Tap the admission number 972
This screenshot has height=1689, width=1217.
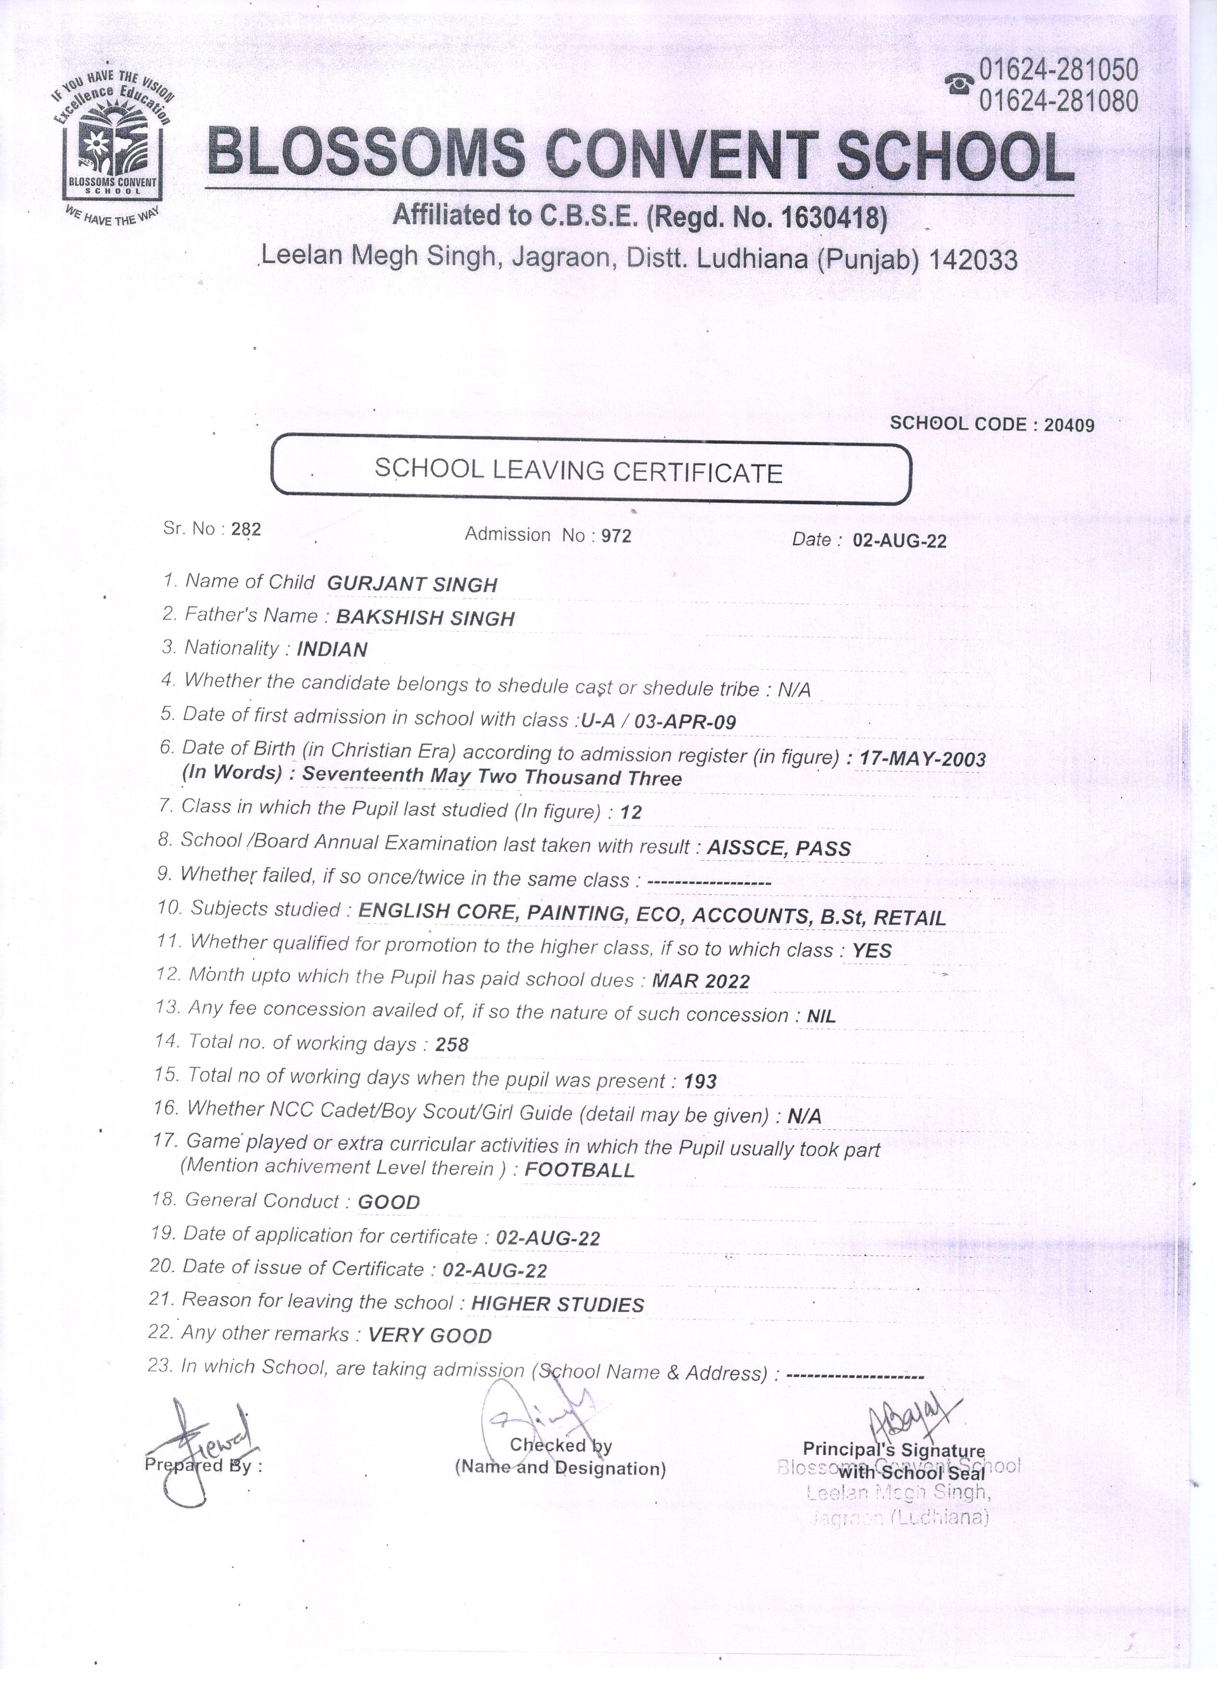(616, 535)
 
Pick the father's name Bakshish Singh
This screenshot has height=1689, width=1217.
(425, 617)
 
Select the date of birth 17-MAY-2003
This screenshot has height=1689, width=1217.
(922, 759)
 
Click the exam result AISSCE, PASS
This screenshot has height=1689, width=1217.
(778, 848)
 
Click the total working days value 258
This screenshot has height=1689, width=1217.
(452, 1045)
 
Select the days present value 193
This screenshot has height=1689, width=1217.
(699, 1081)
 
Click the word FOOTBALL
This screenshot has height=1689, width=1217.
(580, 1170)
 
